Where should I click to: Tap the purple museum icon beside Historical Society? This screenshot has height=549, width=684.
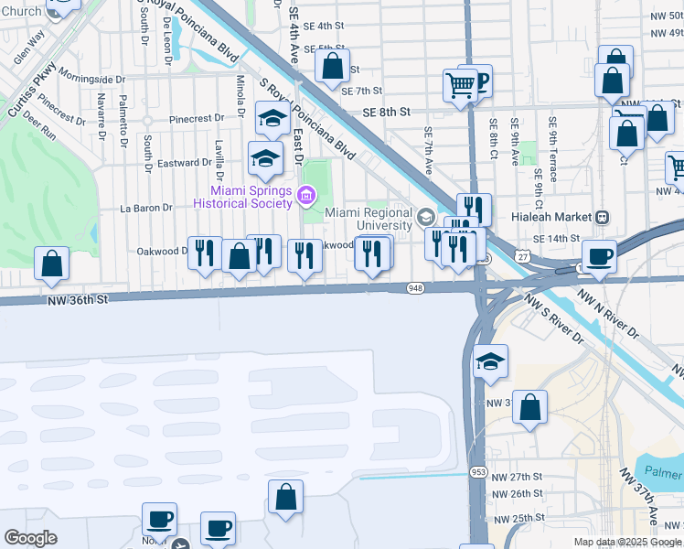(x=305, y=194)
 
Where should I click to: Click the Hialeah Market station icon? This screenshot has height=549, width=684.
(x=602, y=217)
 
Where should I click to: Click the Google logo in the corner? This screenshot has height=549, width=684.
(x=30, y=538)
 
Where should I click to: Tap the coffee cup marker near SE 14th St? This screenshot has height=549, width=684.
(x=599, y=256)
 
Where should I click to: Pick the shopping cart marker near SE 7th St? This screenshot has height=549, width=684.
(x=460, y=85)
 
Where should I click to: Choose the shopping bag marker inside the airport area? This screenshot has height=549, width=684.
(x=285, y=498)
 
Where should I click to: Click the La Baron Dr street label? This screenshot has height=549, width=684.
(x=147, y=208)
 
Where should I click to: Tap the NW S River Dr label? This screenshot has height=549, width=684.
(x=553, y=318)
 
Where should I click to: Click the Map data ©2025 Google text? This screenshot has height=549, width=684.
(x=626, y=542)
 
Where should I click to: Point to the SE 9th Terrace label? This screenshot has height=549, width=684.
(x=552, y=146)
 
